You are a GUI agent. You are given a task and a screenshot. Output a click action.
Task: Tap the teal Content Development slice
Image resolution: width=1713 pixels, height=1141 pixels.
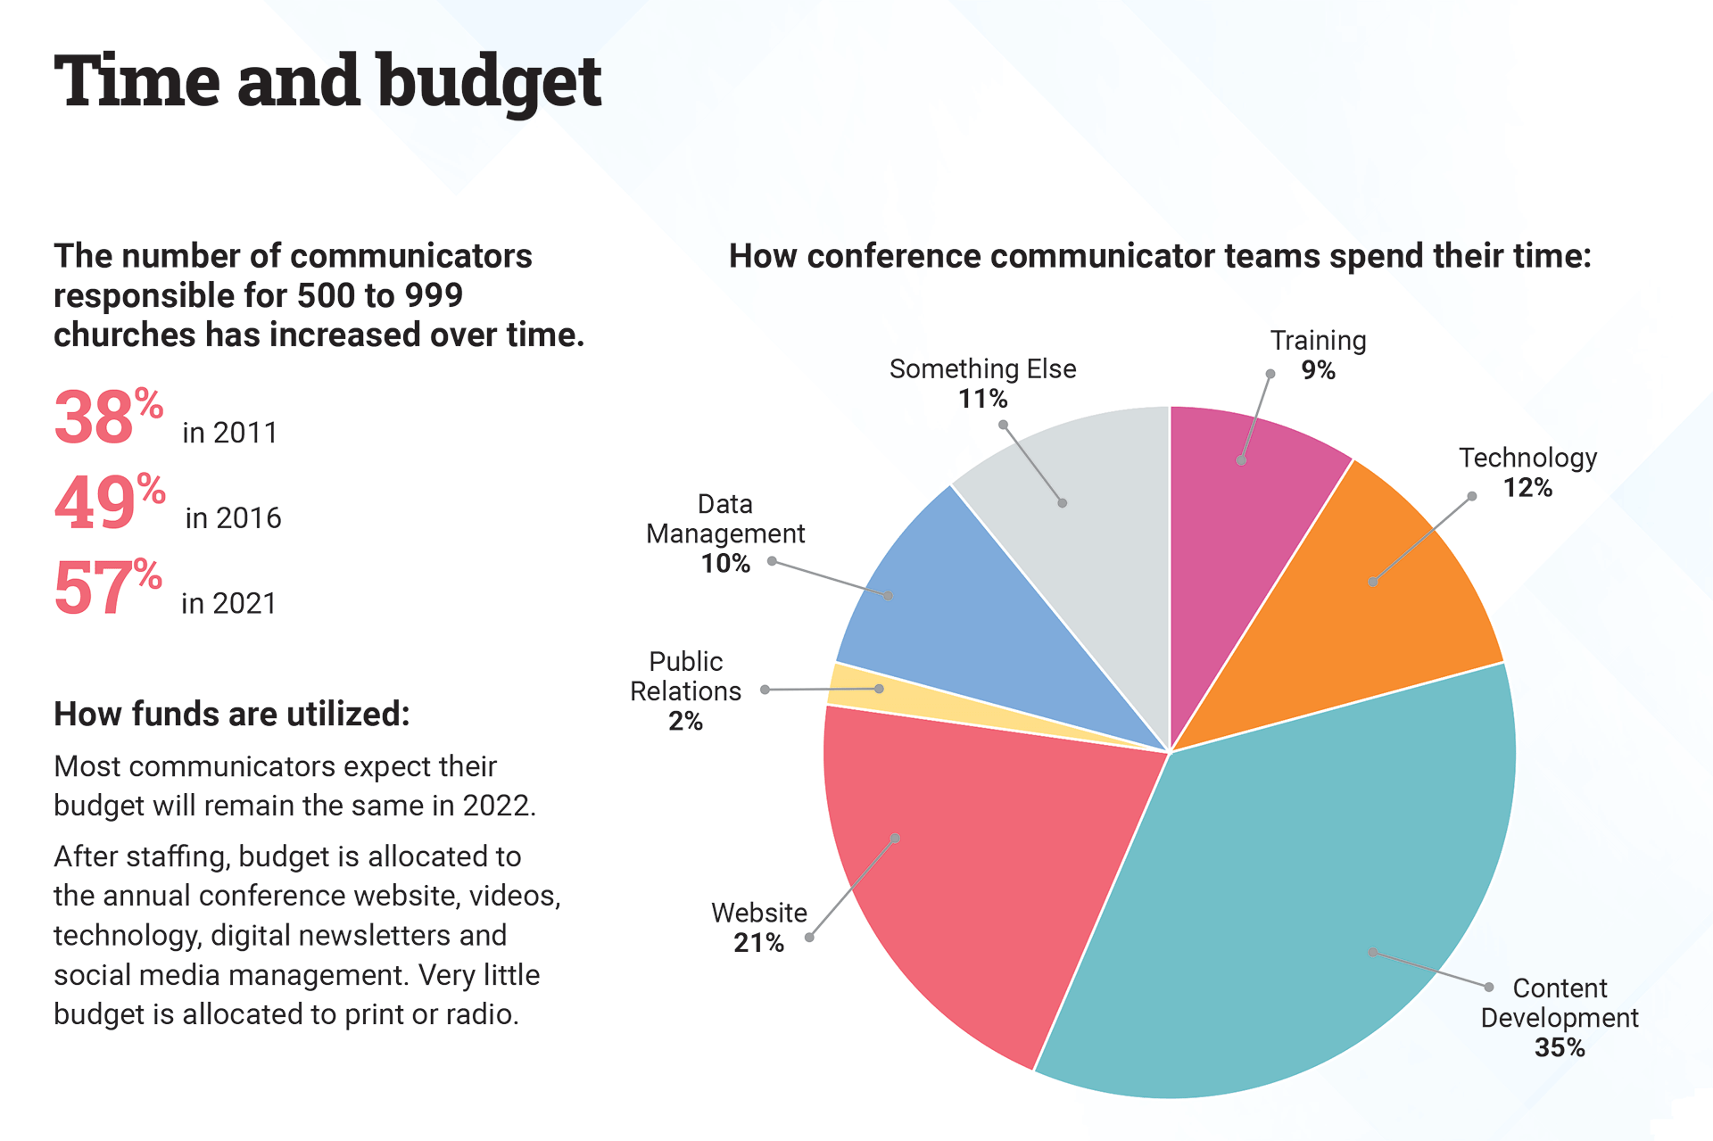tap(1320, 892)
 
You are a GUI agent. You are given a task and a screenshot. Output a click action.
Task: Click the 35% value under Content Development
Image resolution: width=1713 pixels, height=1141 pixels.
tap(1560, 1047)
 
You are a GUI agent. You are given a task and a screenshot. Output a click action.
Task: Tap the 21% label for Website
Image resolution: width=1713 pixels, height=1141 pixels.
tap(758, 943)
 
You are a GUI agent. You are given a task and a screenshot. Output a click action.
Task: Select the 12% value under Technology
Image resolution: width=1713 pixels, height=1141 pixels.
tap(1527, 488)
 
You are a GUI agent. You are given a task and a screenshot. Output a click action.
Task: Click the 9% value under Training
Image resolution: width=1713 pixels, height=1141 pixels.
tap(1318, 370)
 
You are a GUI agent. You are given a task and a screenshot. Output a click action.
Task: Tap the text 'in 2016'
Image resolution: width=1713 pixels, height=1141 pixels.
tap(233, 518)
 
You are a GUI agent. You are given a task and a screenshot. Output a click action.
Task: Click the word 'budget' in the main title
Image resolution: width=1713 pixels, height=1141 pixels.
tap(489, 82)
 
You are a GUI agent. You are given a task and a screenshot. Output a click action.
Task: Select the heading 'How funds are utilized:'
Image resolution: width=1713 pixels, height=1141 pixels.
tap(231, 715)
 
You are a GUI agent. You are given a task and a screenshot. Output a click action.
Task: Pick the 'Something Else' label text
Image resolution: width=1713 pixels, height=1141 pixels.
tap(982, 368)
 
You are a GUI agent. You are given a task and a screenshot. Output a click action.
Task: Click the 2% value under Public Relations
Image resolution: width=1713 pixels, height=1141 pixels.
tap(685, 721)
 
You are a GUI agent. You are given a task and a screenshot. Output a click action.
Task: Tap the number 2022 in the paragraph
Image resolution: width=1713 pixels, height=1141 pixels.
tap(496, 806)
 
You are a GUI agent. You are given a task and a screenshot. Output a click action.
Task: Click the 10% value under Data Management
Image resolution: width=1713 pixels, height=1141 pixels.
tap(725, 564)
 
